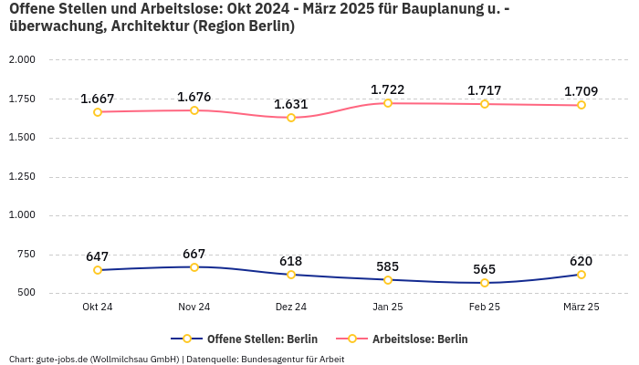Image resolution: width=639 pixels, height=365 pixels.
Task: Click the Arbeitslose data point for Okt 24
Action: [98, 111]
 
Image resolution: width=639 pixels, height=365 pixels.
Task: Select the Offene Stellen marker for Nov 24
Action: [194, 267]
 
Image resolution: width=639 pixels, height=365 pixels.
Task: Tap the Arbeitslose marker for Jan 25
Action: [388, 103]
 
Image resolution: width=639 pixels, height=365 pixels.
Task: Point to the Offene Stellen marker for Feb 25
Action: [485, 283]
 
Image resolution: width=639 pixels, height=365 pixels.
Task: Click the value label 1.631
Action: [291, 104]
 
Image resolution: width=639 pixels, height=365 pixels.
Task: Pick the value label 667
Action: [194, 254]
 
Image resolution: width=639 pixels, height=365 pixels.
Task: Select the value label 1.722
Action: [388, 89]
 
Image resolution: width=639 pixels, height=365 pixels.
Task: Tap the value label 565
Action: [485, 269]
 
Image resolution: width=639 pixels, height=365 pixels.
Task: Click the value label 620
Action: [581, 261]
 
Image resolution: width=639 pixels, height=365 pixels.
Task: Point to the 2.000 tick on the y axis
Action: [21, 60]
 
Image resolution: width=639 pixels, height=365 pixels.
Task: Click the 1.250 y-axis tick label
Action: [21, 177]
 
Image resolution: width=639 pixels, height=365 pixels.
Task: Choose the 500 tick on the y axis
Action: [26, 294]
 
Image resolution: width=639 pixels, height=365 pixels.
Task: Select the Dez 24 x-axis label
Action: [291, 308]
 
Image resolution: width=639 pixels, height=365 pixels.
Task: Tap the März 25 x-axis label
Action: [581, 308]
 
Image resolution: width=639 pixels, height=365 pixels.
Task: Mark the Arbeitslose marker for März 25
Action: [581, 105]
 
